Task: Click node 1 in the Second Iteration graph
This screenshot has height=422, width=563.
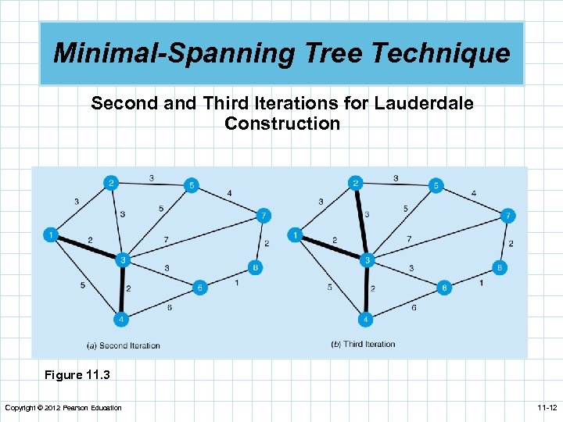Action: coord(52,234)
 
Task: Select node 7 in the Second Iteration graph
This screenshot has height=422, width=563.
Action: coord(264,215)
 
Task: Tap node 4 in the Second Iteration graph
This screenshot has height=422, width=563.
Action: coord(120,319)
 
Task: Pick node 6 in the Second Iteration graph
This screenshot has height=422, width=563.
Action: coord(199,288)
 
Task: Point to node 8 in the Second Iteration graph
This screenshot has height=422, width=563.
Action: coord(256,267)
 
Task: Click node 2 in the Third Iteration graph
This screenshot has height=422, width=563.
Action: coord(356,184)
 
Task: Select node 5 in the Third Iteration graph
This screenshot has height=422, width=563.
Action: coord(436,186)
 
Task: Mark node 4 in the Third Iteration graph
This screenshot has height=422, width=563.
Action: coord(365,319)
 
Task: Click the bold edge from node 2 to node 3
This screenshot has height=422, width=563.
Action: coord(360,221)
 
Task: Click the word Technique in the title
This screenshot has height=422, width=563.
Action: coord(440,54)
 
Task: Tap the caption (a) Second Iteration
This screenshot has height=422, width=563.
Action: coord(124,345)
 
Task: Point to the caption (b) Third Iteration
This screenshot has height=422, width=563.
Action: coord(364,344)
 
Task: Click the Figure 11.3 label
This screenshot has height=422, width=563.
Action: coord(77,375)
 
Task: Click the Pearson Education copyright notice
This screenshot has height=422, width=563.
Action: coord(63,408)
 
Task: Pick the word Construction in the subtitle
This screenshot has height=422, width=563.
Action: coord(281,123)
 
